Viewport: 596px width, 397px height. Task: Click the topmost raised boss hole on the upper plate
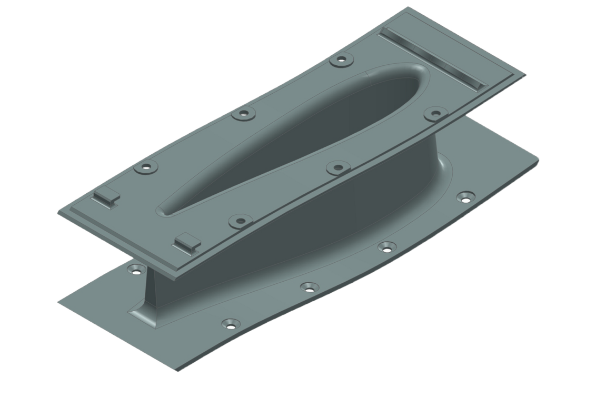342,60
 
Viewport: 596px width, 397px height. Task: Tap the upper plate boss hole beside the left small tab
147,167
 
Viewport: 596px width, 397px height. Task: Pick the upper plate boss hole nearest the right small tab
240,220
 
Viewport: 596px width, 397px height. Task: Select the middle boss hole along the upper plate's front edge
335,167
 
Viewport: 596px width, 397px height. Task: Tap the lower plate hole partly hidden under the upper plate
137,270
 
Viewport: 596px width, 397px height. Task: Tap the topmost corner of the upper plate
408,7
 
